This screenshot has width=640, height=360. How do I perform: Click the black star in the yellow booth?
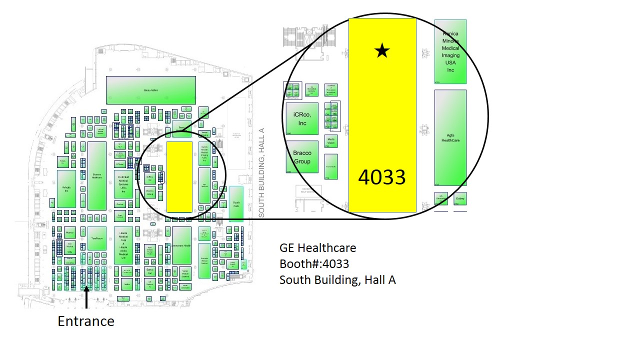(382, 50)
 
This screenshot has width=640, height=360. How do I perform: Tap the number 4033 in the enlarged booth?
(382, 177)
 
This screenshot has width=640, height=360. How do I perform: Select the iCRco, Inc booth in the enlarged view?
(302, 119)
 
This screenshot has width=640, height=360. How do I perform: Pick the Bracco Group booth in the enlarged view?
(302, 157)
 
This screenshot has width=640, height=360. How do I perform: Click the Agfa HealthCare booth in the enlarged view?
(450, 137)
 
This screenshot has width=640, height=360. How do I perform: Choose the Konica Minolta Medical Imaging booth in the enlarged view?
(450, 51)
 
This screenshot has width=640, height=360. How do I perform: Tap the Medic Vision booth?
(331, 141)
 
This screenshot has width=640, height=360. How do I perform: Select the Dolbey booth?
(460, 198)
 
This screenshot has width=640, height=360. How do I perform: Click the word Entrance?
(86, 321)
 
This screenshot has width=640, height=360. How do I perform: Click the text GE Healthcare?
(317, 248)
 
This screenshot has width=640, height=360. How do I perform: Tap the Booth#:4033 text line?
(314, 263)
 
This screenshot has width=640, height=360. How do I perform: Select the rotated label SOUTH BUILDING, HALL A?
(261, 172)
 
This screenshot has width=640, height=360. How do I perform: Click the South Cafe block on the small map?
(236, 204)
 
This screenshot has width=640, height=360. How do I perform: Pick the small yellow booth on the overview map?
(179, 176)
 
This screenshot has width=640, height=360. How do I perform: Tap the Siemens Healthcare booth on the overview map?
(97, 175)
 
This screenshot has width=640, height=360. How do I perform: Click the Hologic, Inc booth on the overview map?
(66, 189)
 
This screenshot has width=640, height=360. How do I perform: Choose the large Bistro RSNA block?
(150, 90)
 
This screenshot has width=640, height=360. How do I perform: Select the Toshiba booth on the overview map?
(97, 245)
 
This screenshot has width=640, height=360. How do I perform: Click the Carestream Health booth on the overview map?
(181, 245)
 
